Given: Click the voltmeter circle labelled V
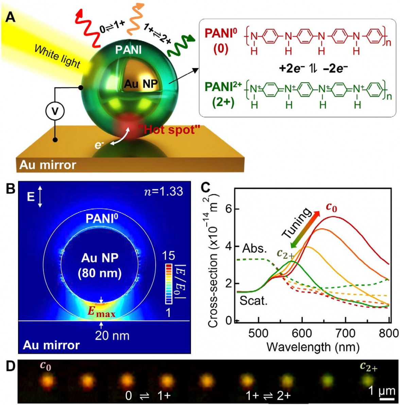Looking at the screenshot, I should [55, 111].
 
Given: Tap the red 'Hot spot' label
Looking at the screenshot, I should [169, 129].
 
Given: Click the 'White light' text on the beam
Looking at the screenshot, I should [57, 56].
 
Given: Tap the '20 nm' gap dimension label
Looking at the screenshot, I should [112, 336].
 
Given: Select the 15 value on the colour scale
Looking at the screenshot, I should [169, 256].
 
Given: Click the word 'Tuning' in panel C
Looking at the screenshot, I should [296, 223].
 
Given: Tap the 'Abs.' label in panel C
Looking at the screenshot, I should [255, 249].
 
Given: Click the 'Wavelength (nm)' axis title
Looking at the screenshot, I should [313, 347].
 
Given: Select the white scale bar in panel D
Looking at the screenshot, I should [386, 399].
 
